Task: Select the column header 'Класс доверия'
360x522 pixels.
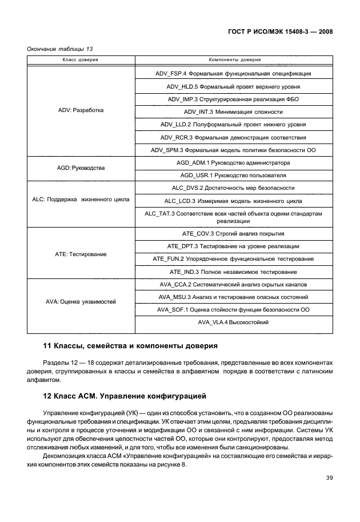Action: pyautogui.click(x=81, y=59)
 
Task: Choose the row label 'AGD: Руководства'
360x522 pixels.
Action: pyautogui.click(x=81, y=169)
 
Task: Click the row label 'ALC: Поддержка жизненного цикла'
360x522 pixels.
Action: pyautogui.click(x=81, y=200)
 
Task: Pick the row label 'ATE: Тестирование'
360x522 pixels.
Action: pyautogui.click(x=81, y=253)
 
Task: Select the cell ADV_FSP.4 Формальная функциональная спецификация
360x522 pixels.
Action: pyautogui.click(x=233, y=74)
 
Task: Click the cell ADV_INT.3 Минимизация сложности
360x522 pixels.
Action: pyautogui.click(x=233, y=111)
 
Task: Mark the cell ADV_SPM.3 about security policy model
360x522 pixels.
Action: pyautogui.click(x=233, y=150)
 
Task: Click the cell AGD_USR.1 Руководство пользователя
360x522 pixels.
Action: pyautogui.click(x=233, y=175)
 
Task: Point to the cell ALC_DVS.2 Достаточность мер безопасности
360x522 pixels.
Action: pyautogui.click(x=233, y=188)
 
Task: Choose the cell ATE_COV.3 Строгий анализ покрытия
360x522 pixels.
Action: pyautogui.click(x=233, y=234)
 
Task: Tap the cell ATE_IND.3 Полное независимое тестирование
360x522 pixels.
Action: pyautogui.click(x=233, y=272)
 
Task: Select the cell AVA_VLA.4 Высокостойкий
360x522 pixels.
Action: pyautogui.click(x=233, y=322)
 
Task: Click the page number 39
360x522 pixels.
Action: pyautogui.click(x=329, y=479)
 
